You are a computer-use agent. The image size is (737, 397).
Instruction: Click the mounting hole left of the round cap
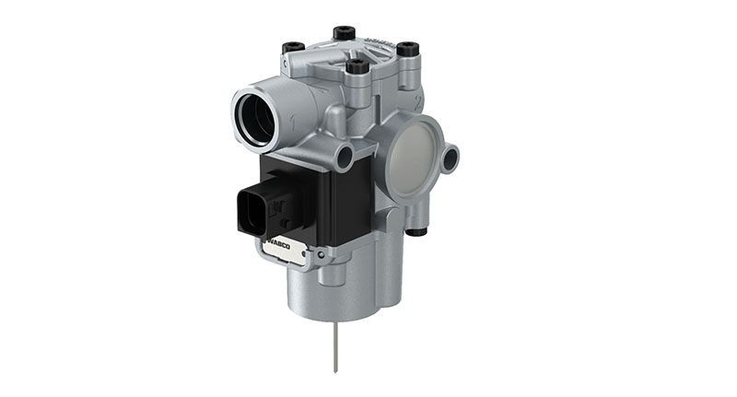tap(345, 158)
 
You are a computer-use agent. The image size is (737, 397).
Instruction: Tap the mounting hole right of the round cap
tap(450, 160)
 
